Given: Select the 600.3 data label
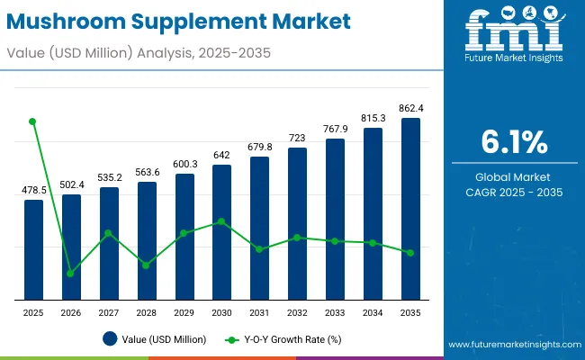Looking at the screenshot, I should [x=184, y=164].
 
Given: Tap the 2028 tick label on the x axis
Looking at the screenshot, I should [x=146, y=311].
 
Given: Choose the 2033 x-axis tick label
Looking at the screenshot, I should [x=335, y=311].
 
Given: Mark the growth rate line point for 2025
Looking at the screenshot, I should [x=33, y=121].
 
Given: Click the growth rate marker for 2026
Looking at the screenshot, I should [x=70, y=273].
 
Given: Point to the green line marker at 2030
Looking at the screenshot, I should [x=221, y=221].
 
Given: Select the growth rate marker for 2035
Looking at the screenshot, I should [x=410, y=253].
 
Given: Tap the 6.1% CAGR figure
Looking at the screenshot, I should [x=515, y=142].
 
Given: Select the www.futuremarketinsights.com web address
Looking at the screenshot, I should [x=511, y=345].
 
